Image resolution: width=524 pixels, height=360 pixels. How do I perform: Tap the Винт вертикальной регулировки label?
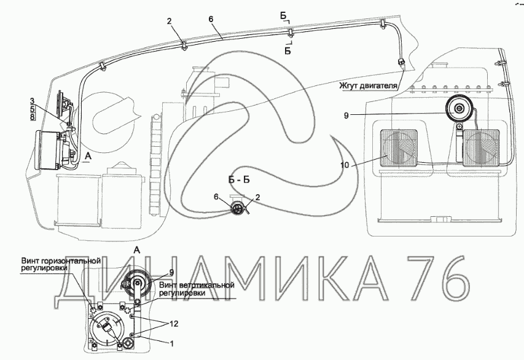(197, 289)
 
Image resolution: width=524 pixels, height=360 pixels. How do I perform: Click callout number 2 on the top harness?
(168, 21)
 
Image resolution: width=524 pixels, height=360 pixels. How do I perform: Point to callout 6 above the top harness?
(211, 19)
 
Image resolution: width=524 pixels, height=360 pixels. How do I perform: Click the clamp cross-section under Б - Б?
(237, 208)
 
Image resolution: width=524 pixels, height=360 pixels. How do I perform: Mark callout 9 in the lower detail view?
(171, 272)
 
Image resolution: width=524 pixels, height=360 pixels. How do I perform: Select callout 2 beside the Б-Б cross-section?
(258, 197)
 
